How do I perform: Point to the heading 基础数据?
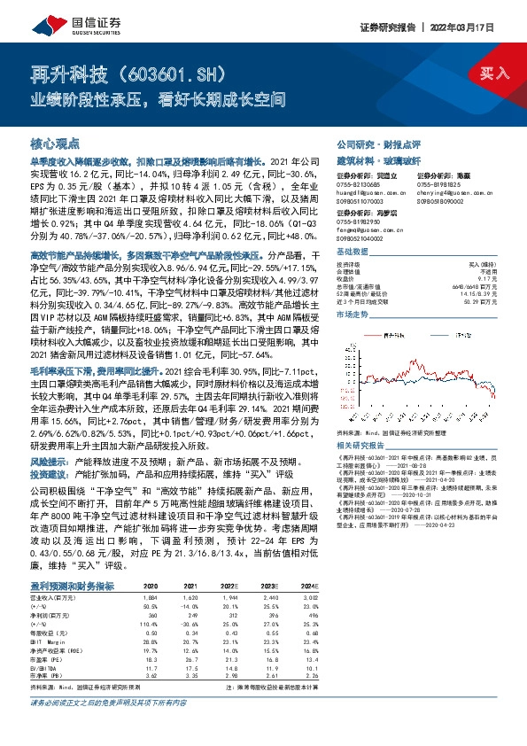[x=355, y=253]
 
